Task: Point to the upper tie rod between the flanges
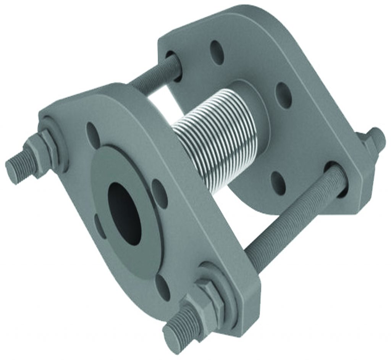pyautogui.click(x=155, y=76)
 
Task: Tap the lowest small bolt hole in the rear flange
pyautogui.click(x=278, y=182)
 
